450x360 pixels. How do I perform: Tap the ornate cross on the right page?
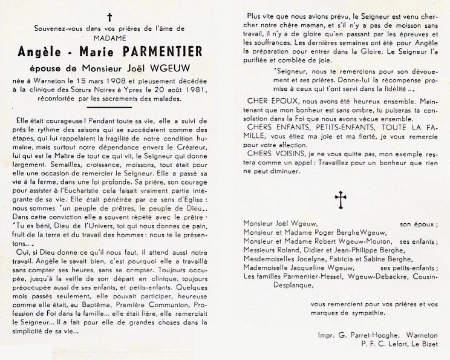pos(341,198)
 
